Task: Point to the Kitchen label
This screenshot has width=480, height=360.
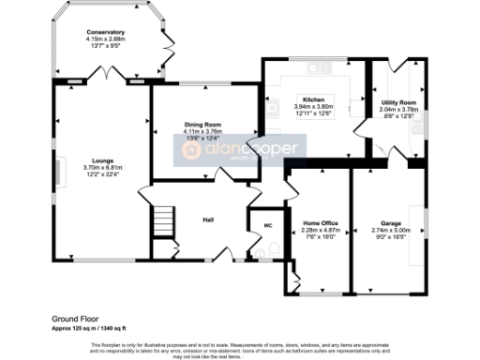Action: [x=313, y=98]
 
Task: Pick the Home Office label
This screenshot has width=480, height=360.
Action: [x=322, y=222]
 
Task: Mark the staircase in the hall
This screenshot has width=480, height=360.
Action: [x=162, y=223]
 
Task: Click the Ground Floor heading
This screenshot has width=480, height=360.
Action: [x=78, y=319]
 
